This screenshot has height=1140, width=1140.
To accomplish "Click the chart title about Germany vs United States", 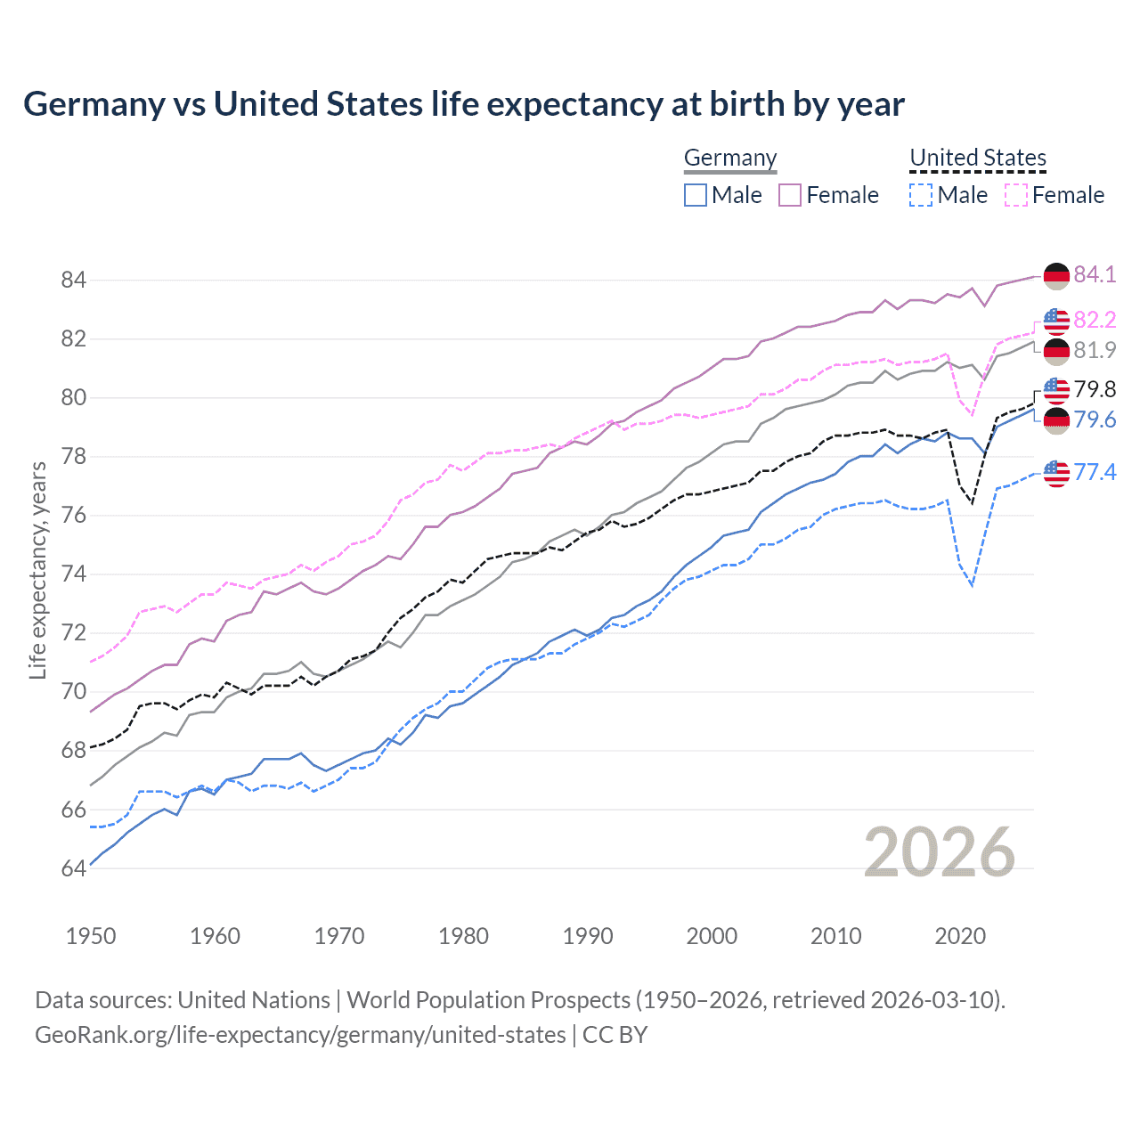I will pyautogui.click(x=463, y=104).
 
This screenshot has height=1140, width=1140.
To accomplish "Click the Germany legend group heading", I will pyautogui.click(x=730, y=158).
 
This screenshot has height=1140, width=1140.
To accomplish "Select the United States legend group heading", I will pyautogui.click(x=977, y=158).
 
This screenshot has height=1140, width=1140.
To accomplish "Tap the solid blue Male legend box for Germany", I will pyautogui.click(x=696, y=195).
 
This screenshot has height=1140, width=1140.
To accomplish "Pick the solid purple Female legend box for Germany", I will pyautogui.click(x=790, y=195).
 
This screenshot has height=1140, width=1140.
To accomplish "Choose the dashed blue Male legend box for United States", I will pyautogui.click(x=921, y=195).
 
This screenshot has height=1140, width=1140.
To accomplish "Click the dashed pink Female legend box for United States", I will pyautogui.click(x=1015, y=195).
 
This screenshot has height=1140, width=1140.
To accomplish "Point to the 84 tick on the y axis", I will pyautogui.click(x=73, y=280).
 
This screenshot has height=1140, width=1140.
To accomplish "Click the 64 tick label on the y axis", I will pyautogui.click(x=73, y=868).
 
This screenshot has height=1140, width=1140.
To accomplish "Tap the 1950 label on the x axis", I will pyautogui.click(x=91, y=936).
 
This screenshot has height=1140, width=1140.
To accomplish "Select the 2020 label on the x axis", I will pyautogui.click(x=960, y=936).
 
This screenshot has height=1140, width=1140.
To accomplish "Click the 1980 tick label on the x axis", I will pyautogui.click(x=463, y=936).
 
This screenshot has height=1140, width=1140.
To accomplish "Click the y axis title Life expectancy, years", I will pyautogui.click(x=37, y=570).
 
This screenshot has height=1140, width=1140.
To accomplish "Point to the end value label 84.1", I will pyautogui.click(x=1095, y=274).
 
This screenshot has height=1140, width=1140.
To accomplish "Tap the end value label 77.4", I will pyautogui.click(x=1095, y=472).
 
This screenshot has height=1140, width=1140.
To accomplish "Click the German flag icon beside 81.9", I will pyautogui.click(x=1056, y=351).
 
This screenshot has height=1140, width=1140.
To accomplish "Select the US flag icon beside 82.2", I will pyautogui.click(x=1056, y=320).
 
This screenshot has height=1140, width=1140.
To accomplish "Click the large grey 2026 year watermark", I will pyautogui.click(x=939, y=852).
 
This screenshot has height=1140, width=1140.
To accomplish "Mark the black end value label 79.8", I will pyautogui.click(x=1095, y=389).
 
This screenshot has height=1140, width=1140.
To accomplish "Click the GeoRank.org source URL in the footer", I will pyautogui.click(x=300, y=1035).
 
